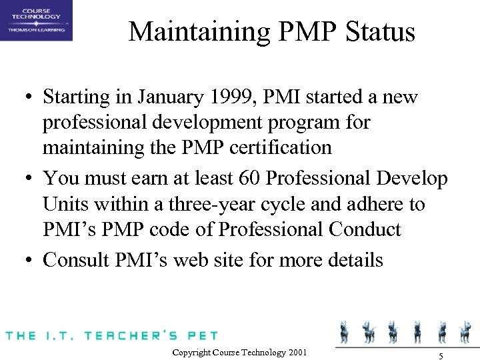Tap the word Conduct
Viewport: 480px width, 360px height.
click(x=365, y=229)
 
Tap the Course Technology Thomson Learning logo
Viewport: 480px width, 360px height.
click(x=37, y=21)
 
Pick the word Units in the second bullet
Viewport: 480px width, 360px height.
click(x=64, y=205)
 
